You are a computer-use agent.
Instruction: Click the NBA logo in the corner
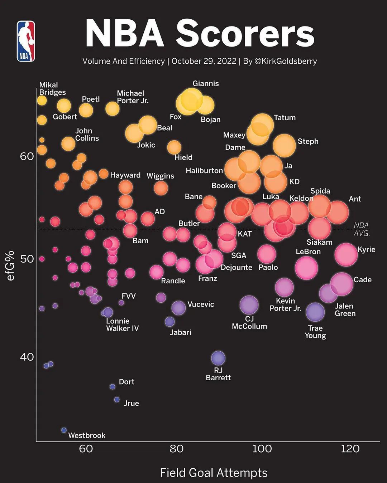coord(26,41)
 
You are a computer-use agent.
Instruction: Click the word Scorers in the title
coord(245,34)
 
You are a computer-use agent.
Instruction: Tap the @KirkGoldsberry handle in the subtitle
coord(286,61)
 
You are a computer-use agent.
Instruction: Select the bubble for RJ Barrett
coord(218,357)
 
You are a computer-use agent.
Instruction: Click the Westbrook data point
coord(64,430)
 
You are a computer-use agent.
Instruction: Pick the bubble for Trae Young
coord(315,312)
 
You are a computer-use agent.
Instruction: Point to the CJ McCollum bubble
coord(249,305)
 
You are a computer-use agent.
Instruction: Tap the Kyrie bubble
coord(346,254)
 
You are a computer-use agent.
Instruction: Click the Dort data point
coord(112,387)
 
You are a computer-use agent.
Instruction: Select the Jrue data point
coord(117,399)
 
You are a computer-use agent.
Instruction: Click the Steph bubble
coord(285,146)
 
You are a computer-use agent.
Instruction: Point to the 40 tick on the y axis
coord(27,357)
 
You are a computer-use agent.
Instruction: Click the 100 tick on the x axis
coord(262,449)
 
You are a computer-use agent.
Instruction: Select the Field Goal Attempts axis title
coord(214,473)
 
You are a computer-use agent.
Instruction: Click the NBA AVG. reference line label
coord(361,229)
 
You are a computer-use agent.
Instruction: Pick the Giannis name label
coord(206,83)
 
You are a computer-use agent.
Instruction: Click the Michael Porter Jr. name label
coord(133,97)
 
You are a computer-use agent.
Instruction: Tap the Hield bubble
coord(174,147)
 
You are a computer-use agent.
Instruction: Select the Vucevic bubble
coord(178,307)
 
